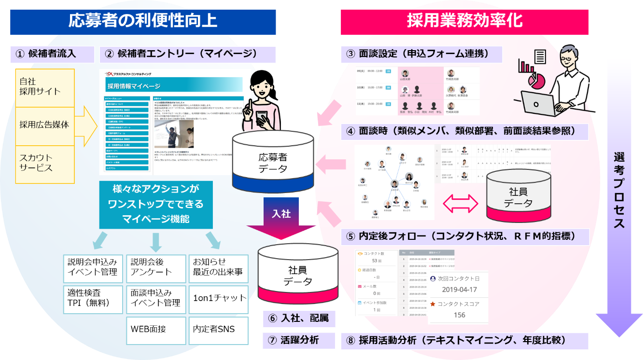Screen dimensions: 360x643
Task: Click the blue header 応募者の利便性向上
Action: tap(142, 21)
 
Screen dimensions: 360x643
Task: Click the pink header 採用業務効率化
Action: tap(464, 21)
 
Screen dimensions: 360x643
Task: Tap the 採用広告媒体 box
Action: tap(45, 125)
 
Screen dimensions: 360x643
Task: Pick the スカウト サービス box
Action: tap(45, 163)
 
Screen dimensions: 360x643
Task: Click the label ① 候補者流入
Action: tap(52, 54)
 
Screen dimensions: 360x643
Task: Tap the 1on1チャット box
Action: tap(219, 298)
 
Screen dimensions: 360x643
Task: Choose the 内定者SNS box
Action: tap(219, 330)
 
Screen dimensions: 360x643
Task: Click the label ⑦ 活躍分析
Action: tap(299, 340)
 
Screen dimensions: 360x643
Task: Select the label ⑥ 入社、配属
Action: tap(299, 318)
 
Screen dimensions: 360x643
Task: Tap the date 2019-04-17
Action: tap(459, 290)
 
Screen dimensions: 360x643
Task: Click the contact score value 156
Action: tap(459, 315)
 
